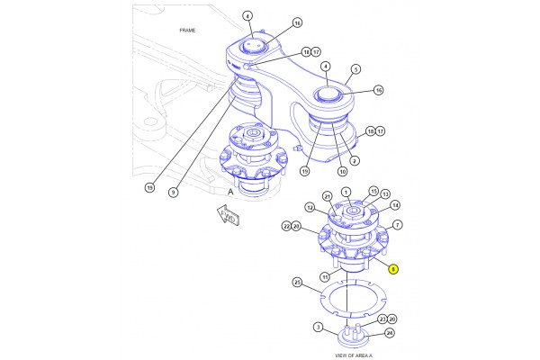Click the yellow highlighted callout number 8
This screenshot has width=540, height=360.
(x=392, y=268)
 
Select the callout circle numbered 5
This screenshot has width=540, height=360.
(x=356, y=69)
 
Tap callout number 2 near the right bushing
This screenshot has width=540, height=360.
(x=355, y=161)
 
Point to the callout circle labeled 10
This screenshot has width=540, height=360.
(x=342, y=171)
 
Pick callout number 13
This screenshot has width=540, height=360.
(x=385, y=194)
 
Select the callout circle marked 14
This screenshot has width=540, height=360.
(x=395, y=206)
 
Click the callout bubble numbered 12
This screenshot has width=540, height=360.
(x=309, y=208)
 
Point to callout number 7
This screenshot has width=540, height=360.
(x=398, y=225)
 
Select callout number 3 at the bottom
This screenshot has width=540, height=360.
(x=318, y=327)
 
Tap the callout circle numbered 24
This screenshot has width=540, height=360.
(x=389, y=332)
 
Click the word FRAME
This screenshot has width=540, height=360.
(x=186, y=31)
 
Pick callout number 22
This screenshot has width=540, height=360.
(x=285, y=225)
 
